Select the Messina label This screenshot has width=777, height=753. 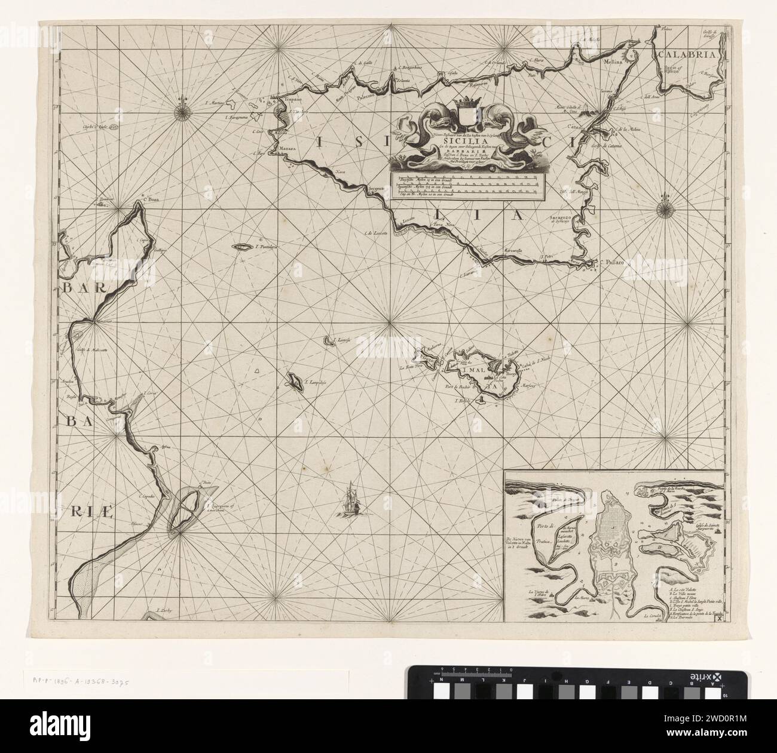616,61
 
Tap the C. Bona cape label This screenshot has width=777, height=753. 139,201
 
